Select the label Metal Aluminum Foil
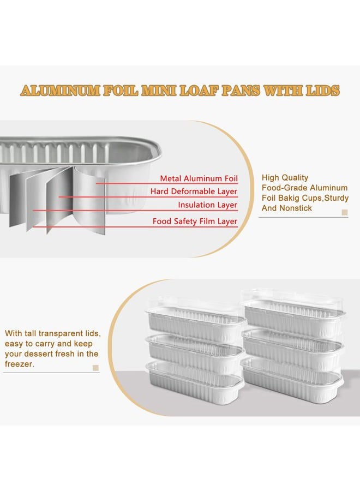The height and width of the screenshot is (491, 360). coord(199,178)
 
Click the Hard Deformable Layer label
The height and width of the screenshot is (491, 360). coord(194,191)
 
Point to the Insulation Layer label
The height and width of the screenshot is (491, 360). coord(208,205)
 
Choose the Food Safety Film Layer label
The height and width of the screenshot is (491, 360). coord(195,221)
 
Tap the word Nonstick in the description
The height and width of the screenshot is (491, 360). coord(296,208)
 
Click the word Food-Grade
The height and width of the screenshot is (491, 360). coord(283,188)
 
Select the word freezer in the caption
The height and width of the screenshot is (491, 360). coord(19,364)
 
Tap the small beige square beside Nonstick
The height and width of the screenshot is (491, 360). coord(345,213)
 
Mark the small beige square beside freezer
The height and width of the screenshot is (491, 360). coord(96,368)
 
